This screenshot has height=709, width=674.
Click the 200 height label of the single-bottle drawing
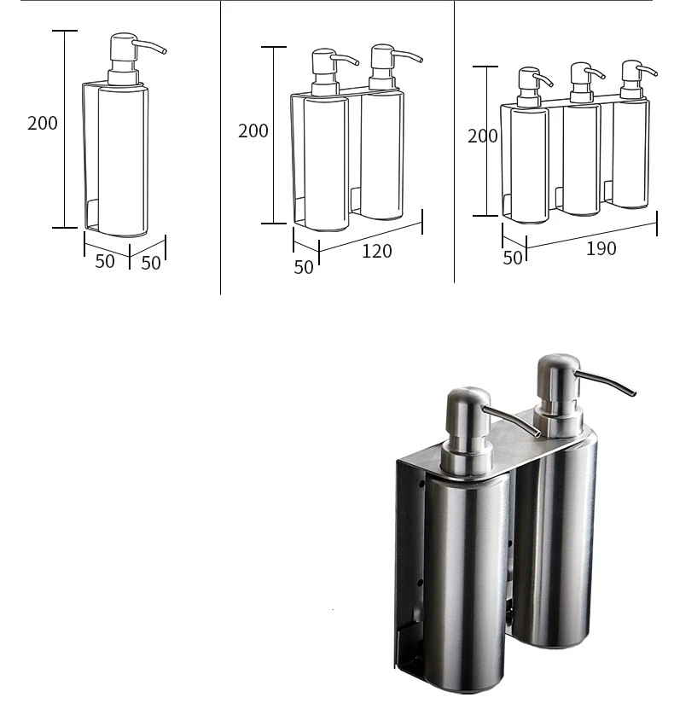click(x=43, y=123)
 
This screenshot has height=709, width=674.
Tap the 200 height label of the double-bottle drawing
click(x=253, y=131)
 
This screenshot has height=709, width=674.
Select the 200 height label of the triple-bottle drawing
click(x=483, y=136)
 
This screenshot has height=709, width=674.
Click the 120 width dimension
click(x=376, y=251)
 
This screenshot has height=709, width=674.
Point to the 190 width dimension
click(x=601, y=249)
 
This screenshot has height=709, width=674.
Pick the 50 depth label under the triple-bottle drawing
click(x=512, y=257)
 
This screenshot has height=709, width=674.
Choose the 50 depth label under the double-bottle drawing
click(x=304, y=267)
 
